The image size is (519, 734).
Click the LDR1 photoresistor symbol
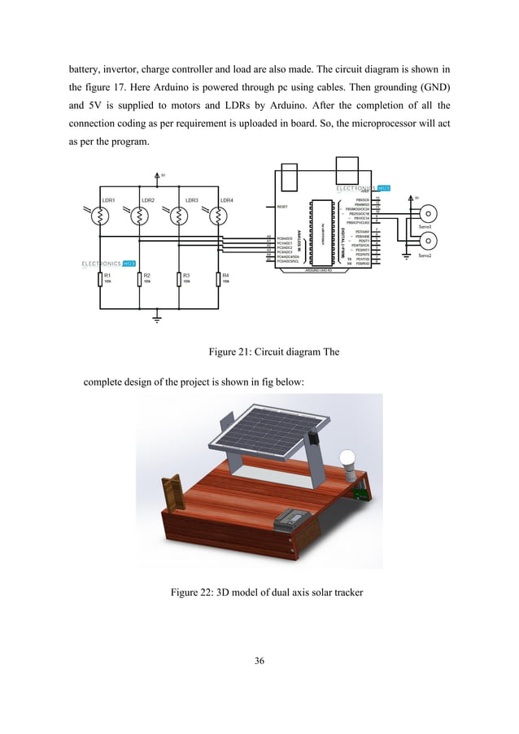[100, 217]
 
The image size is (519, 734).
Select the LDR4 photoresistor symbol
[218, 217]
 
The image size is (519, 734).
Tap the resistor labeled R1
[100, 280]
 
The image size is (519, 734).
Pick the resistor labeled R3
[178, 280]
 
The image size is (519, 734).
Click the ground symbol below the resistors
[159, 318]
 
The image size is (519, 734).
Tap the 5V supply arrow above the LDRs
[159, 175]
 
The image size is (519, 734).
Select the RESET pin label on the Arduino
[282, 207]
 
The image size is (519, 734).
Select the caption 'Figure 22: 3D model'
[259, 592]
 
